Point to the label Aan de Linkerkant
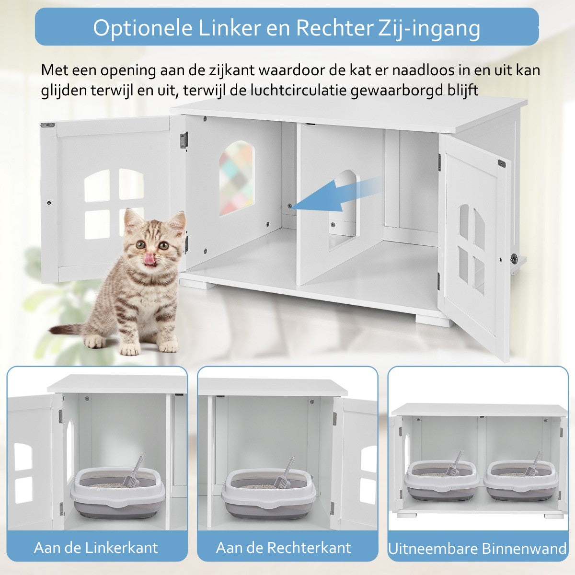[x=96, y=548]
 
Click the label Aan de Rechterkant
[x=284, y=548]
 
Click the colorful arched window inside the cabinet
[x=237, y=178]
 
